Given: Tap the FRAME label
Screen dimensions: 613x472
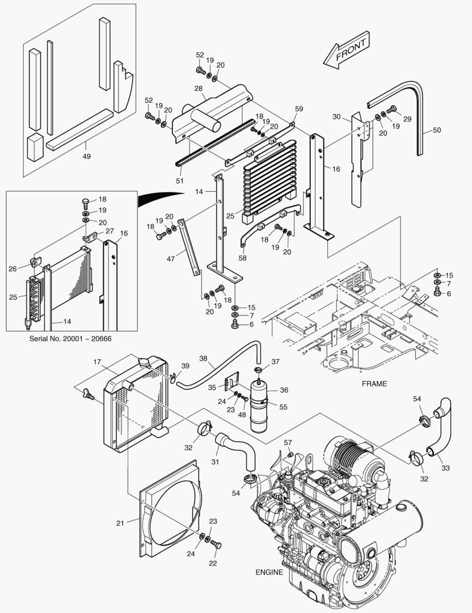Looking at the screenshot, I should [x=374, y=384].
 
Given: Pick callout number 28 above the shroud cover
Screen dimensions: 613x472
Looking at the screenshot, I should [x=199, y=88].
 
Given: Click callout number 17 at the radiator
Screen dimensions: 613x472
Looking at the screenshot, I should [x=97, y=361].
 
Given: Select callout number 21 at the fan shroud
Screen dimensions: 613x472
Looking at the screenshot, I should [x=120, y=523].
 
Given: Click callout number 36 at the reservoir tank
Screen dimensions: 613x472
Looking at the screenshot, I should [x=284, y=389].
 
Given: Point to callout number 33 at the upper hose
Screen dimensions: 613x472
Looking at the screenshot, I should [x=445, y=468].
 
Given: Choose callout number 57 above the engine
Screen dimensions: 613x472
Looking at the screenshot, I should [x=288, y=442].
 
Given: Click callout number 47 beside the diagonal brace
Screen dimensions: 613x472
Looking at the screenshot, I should [x=170, y=258].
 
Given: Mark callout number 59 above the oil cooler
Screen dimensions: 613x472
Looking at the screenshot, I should [x=299, y=108].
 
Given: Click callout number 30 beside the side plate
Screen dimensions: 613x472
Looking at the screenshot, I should [x=336, y=116].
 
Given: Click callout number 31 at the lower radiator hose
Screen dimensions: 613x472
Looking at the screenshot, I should [x=216, y=461].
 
